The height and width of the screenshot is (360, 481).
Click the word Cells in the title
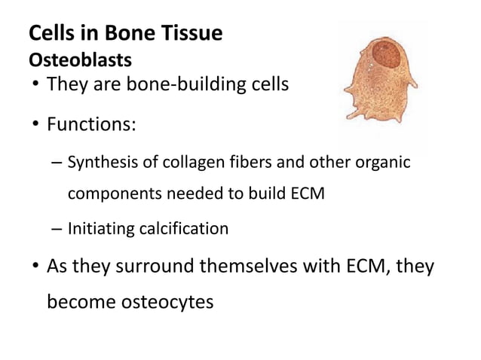tap(47, 35)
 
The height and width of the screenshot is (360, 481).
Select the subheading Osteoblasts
tap(79, 59)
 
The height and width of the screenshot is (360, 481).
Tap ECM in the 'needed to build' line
tap(308, 194)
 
